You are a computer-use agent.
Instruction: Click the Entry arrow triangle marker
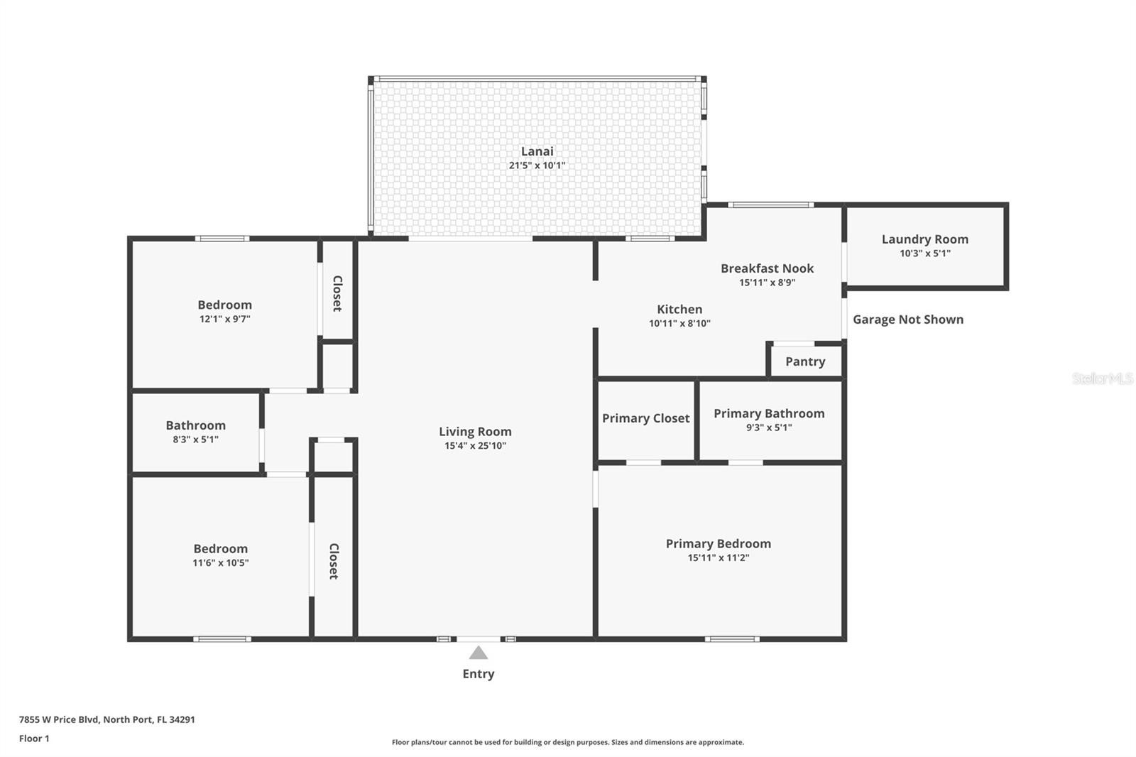[479, 653]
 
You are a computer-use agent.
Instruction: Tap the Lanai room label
[537, 151]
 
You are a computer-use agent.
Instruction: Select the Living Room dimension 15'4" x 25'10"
[475, 445]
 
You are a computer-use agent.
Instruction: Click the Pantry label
[805, 361]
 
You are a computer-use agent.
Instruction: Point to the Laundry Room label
[925, 239]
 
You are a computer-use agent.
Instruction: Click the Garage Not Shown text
[908, 320]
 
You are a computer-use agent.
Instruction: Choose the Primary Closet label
[645, 418]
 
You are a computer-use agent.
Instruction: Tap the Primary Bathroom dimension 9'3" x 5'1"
[769, 427]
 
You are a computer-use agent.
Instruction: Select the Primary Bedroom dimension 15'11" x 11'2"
[718, 557]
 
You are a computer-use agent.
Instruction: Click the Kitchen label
[679, 309]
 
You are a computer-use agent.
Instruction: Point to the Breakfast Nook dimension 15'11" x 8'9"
[768, 282]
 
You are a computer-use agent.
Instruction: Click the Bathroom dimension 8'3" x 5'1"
[196, 439]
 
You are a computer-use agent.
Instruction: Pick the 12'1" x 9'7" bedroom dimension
[224, 319]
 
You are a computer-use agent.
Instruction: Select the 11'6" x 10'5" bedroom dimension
[221, 562]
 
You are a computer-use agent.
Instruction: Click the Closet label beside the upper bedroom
[337, 294]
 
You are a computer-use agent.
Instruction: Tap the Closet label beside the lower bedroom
[334, 561]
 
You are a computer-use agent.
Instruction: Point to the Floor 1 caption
[35, 739]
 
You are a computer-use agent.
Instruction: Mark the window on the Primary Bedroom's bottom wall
[732, 639]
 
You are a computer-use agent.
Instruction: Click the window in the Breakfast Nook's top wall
[771, 205]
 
